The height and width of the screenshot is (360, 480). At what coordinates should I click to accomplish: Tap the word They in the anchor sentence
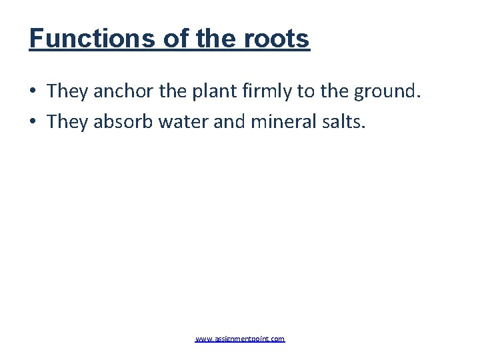click(67, 91)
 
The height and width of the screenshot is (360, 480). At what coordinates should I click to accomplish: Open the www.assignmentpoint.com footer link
click(240, 339)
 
